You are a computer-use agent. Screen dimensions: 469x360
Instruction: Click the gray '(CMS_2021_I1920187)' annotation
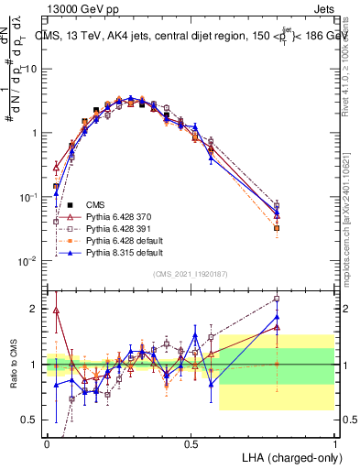point(191,274)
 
